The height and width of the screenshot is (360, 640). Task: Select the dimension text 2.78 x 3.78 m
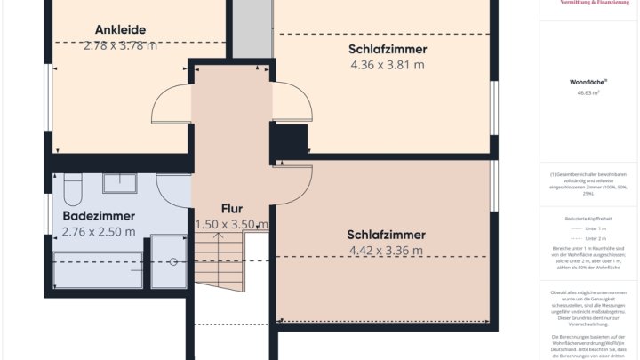(x=120, y=44)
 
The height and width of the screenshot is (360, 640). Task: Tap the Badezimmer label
(x=99, y=216)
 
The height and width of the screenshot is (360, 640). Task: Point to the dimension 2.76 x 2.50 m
(x=99, y=232)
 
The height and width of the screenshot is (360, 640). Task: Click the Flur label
(x=231, y=209)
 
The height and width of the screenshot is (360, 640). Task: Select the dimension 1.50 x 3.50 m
(x=231, y=225)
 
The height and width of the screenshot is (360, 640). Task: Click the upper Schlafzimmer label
(x=387, y=49)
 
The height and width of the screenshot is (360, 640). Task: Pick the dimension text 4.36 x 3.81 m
(x=387, y=65)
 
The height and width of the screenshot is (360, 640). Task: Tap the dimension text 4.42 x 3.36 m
(x=387, y=251)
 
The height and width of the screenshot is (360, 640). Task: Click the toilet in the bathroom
(x=73, y=188)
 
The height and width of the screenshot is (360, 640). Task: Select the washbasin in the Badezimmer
(x=119, y=184)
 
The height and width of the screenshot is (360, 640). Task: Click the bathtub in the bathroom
(x=98, y=270)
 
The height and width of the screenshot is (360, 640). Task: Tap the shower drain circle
(x=172, y=261)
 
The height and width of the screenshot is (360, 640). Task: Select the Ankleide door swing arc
(x=169, y=107)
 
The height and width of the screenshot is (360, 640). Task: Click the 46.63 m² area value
(x=588, y=92)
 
